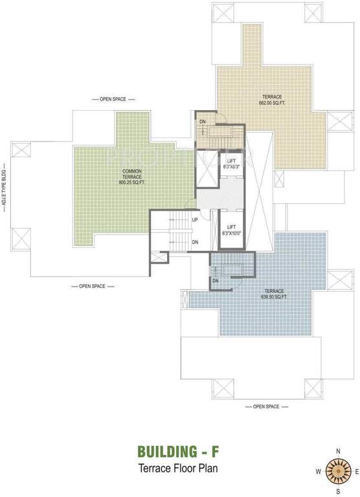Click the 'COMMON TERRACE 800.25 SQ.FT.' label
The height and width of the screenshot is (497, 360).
pos(132,178)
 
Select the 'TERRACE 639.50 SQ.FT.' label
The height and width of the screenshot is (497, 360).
pos(274,294)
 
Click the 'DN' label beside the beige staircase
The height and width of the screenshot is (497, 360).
pos(202,122)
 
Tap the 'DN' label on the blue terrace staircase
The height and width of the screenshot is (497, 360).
pos(216,281)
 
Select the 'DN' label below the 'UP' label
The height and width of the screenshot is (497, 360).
pos(195,242)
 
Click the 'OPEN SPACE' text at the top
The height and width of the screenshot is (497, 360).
pos(113,100)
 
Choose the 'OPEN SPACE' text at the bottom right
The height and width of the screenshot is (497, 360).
pos(266,406)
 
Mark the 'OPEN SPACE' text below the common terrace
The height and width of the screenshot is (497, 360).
pos(92,285)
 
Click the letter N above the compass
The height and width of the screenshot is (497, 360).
pos(337,450)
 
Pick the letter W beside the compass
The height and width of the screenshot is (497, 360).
pos(318,471)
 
